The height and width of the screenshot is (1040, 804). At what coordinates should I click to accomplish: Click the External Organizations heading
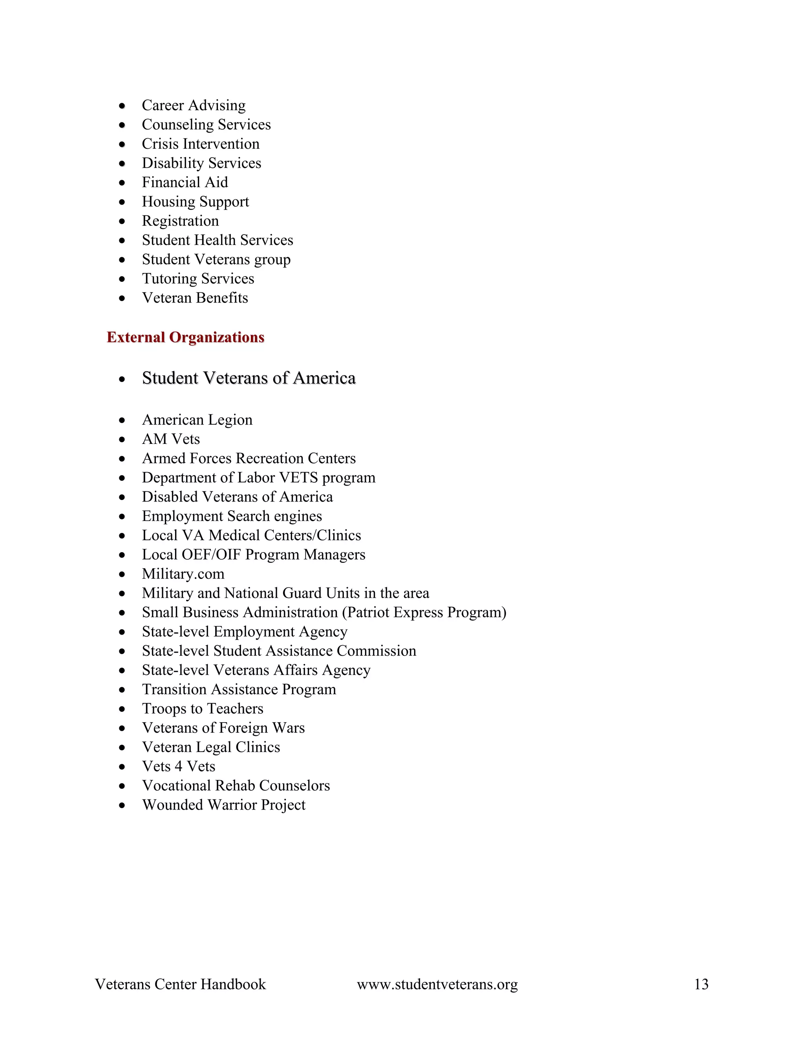click(185, 337)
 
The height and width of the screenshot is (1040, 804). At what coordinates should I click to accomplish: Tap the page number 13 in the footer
click(701, 984)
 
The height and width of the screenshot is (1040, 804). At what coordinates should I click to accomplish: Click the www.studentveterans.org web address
click(437, 984)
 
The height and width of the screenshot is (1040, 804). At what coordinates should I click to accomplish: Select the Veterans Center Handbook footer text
click(180, 984)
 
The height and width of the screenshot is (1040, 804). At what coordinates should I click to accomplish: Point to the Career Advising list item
click(194, 105)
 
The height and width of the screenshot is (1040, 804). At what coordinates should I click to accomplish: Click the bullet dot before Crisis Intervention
click(122, 144)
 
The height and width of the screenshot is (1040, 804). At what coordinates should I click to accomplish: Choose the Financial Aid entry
click(185, 182)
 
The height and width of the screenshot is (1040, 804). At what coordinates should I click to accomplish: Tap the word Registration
click(180, 221)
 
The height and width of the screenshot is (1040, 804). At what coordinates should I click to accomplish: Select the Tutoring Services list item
click(198, 279)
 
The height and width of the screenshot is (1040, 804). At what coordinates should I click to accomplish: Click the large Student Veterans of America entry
click(249, 378)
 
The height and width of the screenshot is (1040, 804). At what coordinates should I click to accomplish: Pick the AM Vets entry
click(170, 439)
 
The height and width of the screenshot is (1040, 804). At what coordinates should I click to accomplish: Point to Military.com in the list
click(183, 574)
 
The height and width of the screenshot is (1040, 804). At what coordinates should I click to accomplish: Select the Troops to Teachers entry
click(203, 708)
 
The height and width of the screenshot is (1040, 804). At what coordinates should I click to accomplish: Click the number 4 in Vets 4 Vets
click(179, 766)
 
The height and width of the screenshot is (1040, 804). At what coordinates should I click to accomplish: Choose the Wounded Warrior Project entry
click(223, 805)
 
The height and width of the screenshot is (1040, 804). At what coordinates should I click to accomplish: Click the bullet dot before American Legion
click(122, 420)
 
